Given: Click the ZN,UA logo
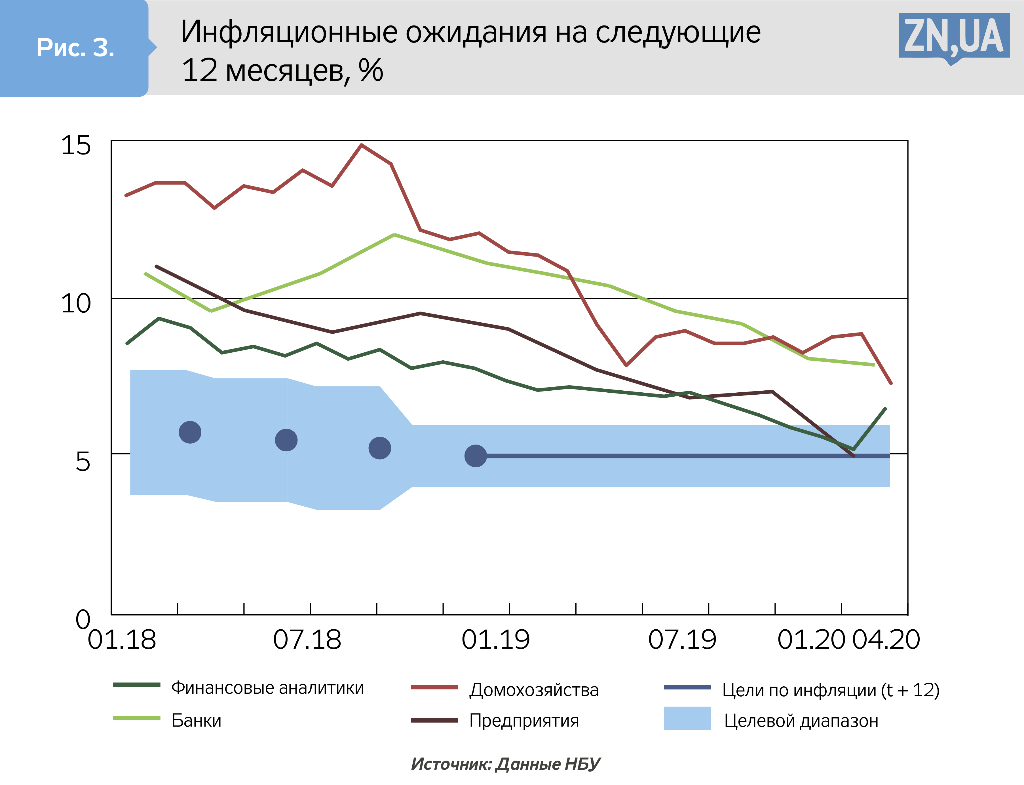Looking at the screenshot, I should pos(954,37).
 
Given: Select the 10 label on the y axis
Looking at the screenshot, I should pos(76,303).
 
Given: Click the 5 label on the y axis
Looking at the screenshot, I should pos(83,461).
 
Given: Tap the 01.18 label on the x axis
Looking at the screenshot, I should pos(122,640).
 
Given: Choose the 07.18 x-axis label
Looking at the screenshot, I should pos(307,640).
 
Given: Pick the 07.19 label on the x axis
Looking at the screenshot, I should pos(682,640).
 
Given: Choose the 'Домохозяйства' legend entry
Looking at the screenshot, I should pos(534,690).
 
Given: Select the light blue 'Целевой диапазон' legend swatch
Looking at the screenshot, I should pos(687,718).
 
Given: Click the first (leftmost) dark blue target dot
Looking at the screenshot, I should pos(190,432).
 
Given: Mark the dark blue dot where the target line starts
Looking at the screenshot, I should pos(475,456).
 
